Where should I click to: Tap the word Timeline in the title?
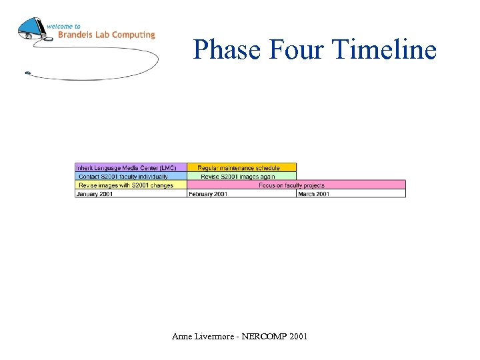(x=383, y=50)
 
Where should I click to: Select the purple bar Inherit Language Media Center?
(x=130, y=167)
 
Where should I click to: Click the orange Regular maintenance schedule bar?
(x=241, y=167)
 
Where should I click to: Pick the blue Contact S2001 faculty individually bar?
(x=130, y=176)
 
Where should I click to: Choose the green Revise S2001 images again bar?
(x=241, y=176)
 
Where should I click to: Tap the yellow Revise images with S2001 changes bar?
(x=130, y=185)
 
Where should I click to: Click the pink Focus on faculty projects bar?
(x=296, y=185)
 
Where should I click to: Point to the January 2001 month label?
(x=95, y=193)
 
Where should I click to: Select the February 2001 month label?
(x=208, y=193)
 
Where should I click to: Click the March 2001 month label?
(x=313, y=193)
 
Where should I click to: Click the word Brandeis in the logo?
(x=77, y=35)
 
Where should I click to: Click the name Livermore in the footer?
(x=213, y=337)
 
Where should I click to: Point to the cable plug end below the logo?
(x=27, y=73)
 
